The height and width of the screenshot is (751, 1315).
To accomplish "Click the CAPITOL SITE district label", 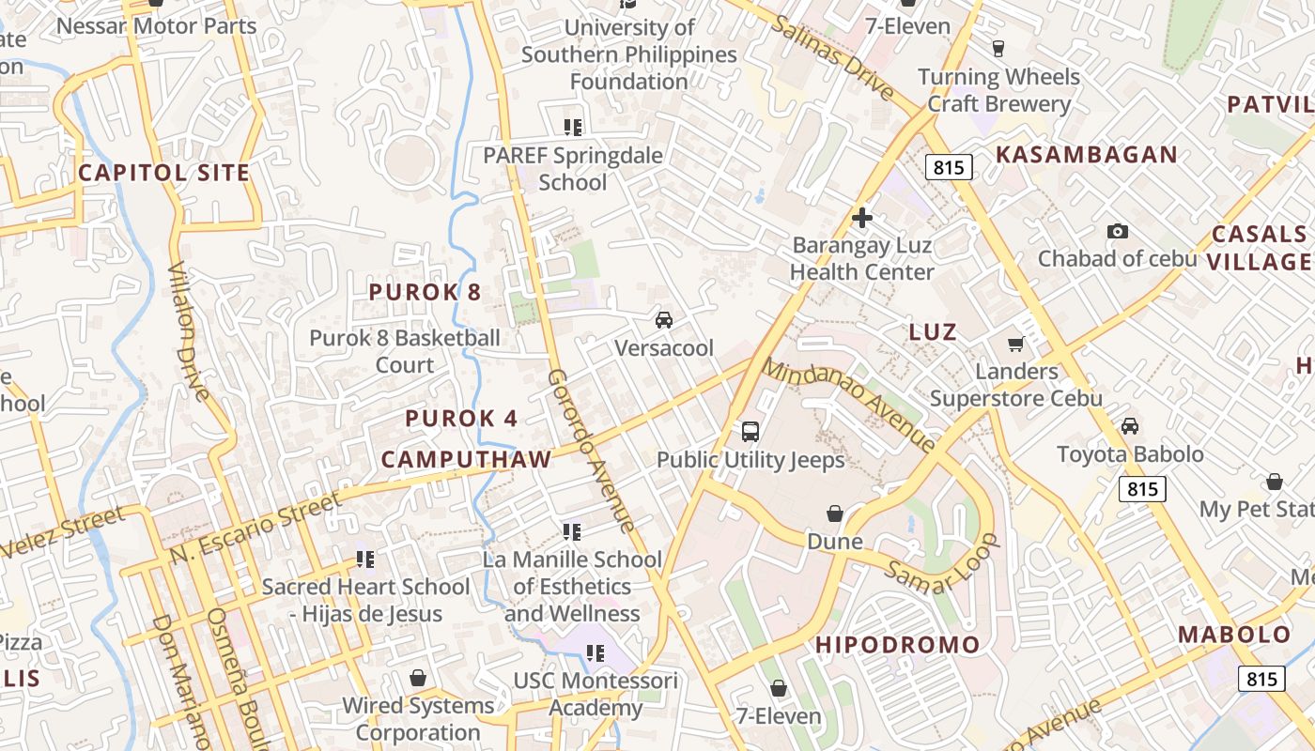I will (163, 173).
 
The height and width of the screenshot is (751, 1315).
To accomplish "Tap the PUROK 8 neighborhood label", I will (425, 292).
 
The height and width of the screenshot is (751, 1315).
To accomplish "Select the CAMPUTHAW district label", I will (466, 459).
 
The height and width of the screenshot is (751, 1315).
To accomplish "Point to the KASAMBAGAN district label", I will (1086, 155).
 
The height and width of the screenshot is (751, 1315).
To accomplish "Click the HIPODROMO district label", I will (897, 645).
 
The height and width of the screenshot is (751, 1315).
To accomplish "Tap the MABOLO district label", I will (1234, 635).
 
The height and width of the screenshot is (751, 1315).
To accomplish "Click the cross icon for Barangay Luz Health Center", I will (861, 219).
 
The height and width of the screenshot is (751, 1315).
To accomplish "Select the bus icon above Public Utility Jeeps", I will (750, 432).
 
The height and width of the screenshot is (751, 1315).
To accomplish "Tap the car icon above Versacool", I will (664, 320).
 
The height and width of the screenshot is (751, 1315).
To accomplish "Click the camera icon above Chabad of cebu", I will (1117, 231).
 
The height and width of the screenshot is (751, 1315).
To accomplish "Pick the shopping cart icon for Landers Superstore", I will (1015, 344).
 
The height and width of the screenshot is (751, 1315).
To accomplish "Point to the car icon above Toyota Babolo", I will (1130, 426).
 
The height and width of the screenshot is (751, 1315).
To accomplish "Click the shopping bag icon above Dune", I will (834, 513).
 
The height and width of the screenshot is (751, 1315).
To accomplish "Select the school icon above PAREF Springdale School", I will (572, 127).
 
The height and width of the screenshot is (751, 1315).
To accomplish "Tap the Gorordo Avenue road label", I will (590, 452).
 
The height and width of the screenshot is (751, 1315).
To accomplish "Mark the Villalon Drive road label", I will (189, 330).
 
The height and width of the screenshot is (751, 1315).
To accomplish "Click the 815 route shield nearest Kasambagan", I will (948, 168).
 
